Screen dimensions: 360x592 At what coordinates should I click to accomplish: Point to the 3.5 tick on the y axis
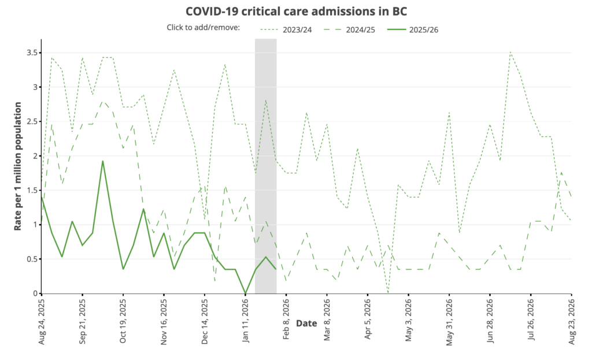pyautogui.click(x=32, y=53)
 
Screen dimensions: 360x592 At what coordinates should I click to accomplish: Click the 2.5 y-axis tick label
pyautogui.click(x=32, y=122)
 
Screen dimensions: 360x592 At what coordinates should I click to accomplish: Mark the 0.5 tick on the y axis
pyautogui.click(x=32, y=259)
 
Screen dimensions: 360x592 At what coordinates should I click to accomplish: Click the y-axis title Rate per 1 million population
pyautogui.click(x=18, y=166)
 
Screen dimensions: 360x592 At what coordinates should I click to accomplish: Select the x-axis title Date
pyautogui.click(x=306, y=324)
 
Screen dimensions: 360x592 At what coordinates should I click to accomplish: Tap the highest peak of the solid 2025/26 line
pyautogui.click(x=103, y=161)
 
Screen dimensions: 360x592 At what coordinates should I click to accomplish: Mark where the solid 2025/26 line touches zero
pyautogui.click(x=246, y=293)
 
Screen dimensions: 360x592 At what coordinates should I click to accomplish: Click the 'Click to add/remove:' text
pyautogui.click(x=203, y=28)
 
